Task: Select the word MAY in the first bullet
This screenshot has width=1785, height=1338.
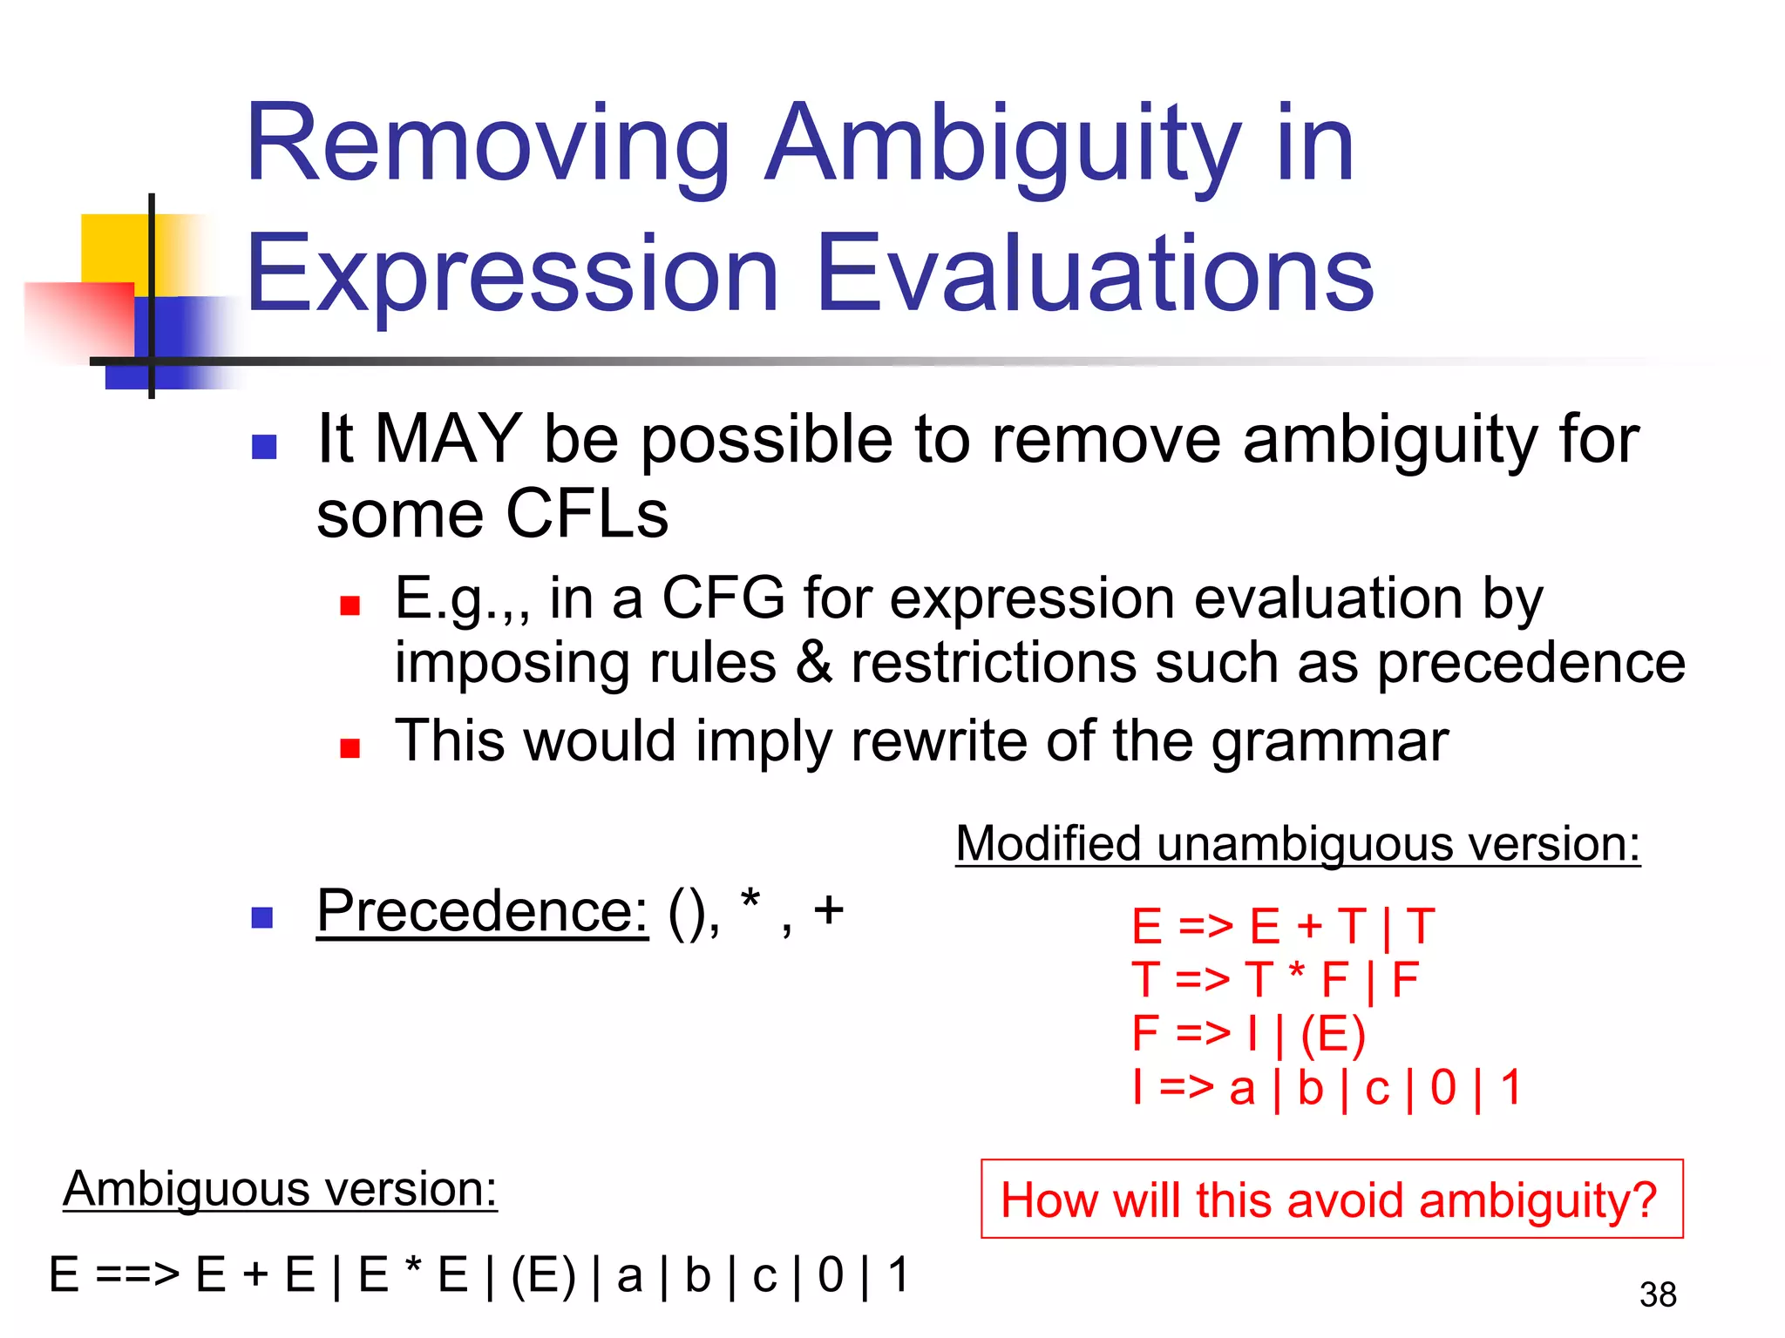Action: pos(448,439)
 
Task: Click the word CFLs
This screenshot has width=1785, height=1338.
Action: pos(586,514)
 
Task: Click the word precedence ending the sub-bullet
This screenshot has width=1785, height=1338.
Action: pos(1530,664)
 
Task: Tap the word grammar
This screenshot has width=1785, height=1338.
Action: pos(1329,742)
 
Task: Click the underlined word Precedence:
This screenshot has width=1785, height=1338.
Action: pos(482,912)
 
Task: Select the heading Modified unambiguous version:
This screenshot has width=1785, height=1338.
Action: pos(1298,844)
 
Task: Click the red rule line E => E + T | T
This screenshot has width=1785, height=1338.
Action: pos(1282,926)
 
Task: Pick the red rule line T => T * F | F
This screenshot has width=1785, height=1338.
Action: pos(1274,980)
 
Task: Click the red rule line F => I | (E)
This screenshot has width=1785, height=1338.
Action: pos(1247,1034)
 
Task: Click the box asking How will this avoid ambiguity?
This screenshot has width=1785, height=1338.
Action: pos(1331,1199)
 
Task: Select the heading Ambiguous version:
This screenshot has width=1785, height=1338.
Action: pos(280,1189)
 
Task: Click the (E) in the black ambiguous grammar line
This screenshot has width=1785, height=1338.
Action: pos(543,1276)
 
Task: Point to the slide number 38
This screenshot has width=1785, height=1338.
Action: pos(1657,1295)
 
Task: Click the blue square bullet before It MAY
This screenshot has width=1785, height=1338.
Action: pos(263,447)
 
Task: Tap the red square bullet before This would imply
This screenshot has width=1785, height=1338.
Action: pos(350,748)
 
